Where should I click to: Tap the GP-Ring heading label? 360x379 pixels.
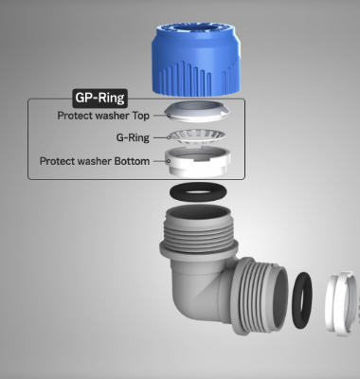point(100,98)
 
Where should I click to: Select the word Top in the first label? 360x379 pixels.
point(141,116)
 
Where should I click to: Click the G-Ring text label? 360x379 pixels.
point(133,137)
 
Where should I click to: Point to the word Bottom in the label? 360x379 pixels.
point(132,161)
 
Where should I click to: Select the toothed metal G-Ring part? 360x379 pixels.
point(196,137)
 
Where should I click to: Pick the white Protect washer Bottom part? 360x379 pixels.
point(197,164)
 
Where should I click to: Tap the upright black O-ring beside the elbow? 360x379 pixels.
point(295,300)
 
